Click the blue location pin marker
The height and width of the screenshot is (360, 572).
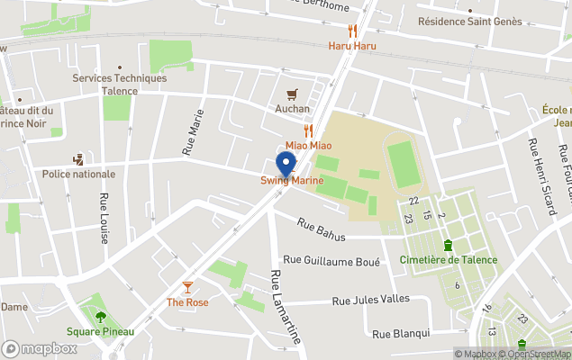click(x=286, y=165)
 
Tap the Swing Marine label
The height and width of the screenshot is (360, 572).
click(x=292, y=181)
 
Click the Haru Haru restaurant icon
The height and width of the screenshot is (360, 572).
click(x=352, y=31)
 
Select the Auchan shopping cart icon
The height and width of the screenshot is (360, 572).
click(x=292, y=94)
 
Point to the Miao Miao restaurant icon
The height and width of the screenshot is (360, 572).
click(x=309, y=130)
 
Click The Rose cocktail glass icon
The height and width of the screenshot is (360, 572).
click(x=187, y=287)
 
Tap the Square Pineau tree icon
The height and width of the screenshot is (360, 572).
click(x=100, y=317)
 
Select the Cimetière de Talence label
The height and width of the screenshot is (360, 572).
click(x=448, y=259)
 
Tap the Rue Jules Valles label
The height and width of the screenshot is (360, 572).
click(x=372, y=301)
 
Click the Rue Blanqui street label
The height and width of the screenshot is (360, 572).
click(x=401, y=333)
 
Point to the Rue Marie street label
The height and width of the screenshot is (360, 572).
click(x=195, y=132)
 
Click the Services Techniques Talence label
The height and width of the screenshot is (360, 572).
click(x=120, y=84)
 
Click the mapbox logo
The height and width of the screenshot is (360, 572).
click(x=40, y=348)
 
